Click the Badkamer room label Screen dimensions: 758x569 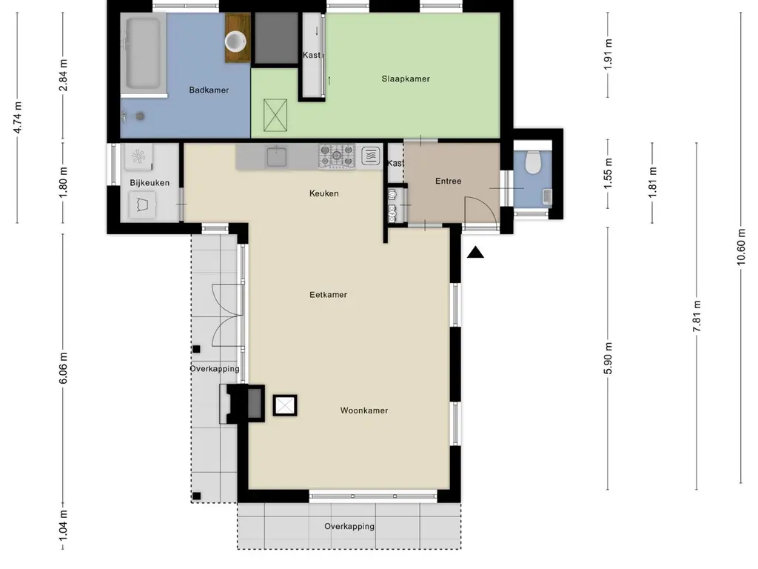(x=209, y=90)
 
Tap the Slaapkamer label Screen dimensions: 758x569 (x=406, y=79)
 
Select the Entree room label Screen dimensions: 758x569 (x=448, y=181)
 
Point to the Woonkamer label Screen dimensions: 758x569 (x=364, y=410)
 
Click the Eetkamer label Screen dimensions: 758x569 (x=328, y=295)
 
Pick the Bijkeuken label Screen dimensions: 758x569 (x=150, y=183)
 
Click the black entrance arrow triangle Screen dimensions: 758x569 (x=475, y=252)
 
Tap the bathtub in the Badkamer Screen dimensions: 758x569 (x=143, y=53)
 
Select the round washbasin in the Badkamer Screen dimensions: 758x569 (x=236, y=41)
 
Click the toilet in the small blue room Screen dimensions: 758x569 (x=532, y=162)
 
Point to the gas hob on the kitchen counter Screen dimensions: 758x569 (x=337, y=156)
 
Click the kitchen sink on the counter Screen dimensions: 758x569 (x=277, y=157)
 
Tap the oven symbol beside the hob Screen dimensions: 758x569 (x=371, y=156)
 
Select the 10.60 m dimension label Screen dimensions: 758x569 (x=741, y=247)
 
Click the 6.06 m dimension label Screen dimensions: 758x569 (x=64, y=367)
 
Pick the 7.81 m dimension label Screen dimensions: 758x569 (x=697, y=316)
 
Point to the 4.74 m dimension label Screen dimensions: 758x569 (x=18, y=118)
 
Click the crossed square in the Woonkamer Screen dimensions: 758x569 (x=285, y=405)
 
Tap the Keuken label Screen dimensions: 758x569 (x=324, y=193)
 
